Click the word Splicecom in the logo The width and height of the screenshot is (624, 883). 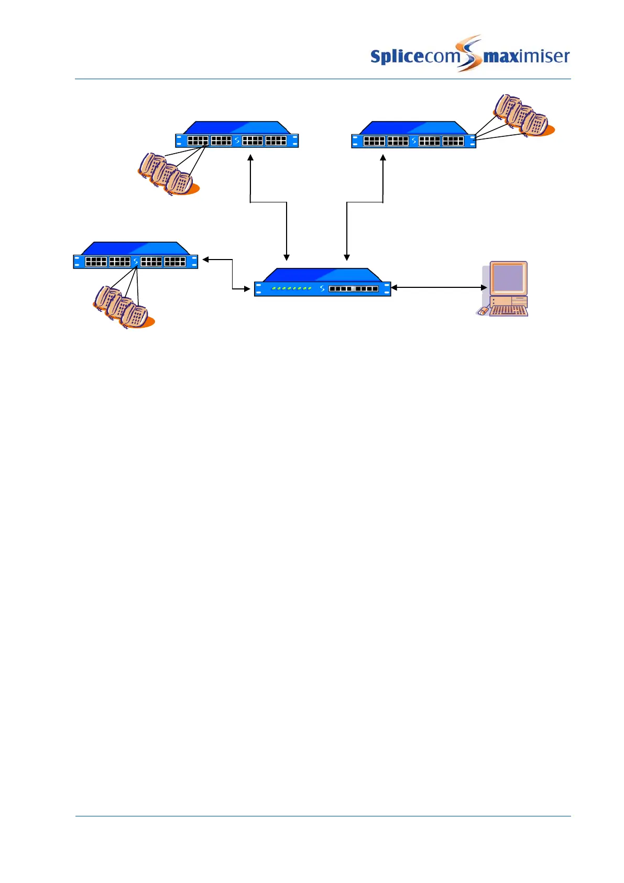tap(414, 56)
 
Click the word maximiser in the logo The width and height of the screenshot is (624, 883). tap(526, 56)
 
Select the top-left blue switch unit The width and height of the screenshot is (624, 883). tap(237, 135)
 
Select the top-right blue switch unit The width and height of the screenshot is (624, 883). tap(413, 135)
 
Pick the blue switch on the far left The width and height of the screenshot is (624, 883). tap(135, 256)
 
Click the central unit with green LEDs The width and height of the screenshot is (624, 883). tap(322, 283)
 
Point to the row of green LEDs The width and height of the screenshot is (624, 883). tap(291, 288)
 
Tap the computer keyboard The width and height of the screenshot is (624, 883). tap(509, 310)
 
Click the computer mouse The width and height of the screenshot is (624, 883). tap(482, 311)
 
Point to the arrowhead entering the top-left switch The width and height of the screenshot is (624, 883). tap(250, 157)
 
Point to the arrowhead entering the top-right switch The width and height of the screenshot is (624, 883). tap(383, 157)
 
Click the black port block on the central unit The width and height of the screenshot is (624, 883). tap(353, 288)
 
